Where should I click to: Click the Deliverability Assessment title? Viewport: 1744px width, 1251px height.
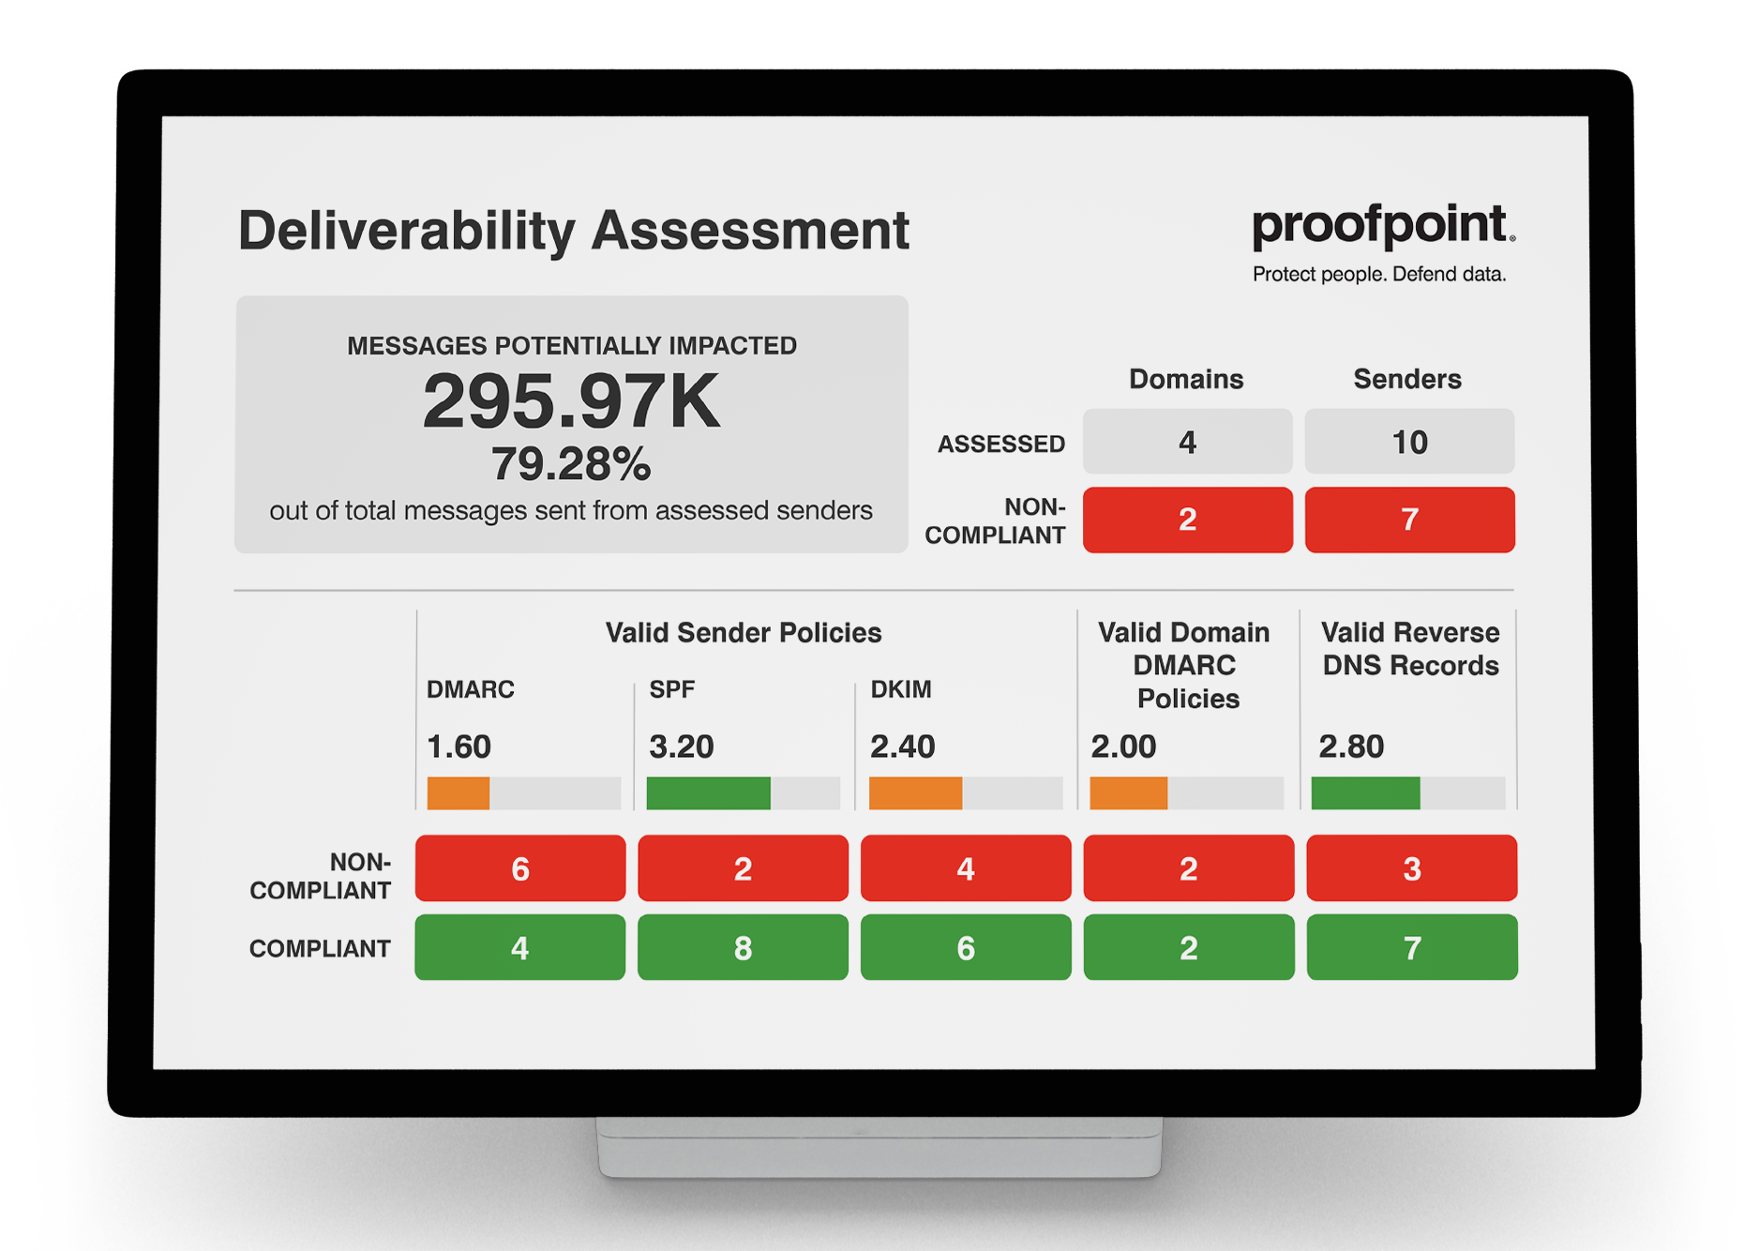click(573, 231)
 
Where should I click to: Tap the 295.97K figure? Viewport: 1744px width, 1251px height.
click(571, 401)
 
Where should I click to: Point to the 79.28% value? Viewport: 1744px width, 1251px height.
click(570, 464)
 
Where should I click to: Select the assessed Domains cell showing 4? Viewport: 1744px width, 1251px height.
click(1187, 442)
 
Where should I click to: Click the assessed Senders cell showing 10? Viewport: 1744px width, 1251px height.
click(1408, 442)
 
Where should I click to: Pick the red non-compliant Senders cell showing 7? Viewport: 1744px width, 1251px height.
click(1408, 520)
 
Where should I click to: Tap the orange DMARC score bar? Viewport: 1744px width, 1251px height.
click(459, 793)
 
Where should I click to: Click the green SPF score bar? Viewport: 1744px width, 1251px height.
click(708, 793)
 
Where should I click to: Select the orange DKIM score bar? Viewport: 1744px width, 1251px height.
click(915, 793)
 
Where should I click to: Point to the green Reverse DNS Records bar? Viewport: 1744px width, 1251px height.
click(1365, 793)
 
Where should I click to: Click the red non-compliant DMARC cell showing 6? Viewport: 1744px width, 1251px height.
click(520, 868)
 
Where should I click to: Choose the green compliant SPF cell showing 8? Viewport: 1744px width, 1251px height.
click(743, 948)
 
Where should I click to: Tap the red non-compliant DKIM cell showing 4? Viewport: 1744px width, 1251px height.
click(966, 868)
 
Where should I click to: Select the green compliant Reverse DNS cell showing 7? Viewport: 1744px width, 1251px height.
click(1411, 948)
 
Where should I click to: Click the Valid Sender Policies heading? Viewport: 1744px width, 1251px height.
click(743, 633)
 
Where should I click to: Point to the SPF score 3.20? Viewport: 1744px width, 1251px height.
click(682, 746)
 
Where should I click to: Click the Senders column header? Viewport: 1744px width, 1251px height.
click(1406, 379)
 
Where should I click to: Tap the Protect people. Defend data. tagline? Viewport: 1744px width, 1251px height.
click(1378, 275)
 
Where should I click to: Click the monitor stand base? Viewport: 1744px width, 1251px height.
click(879, 1148)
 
